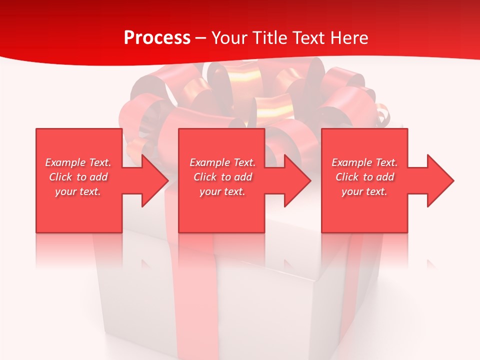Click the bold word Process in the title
coord(157,38)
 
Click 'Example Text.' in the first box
coord(78,162)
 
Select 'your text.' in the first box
coord(78,191)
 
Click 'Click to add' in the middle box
coord(222,177)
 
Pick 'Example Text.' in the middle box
coord(222,162)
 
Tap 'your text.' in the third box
coord(364,191)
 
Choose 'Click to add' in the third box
coord(364,177)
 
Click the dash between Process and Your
coord(201,38)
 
